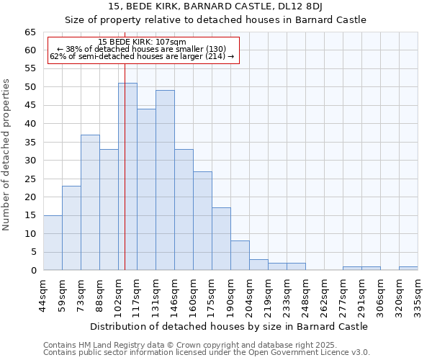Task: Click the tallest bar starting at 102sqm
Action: tap(127, 176)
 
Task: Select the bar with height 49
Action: tap(165, 180)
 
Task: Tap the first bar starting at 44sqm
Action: tap(53, 243)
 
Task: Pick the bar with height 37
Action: tap(90, 202)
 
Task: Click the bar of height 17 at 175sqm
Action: tap(221, 239)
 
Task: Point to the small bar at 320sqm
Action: tap(408, 269)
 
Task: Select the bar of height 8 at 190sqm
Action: tap(240, 256)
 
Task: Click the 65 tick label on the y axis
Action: tap(30, 32)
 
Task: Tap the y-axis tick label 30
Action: tap(30, 161)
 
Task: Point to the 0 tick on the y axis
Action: tap(32, 271)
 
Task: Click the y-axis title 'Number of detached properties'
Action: tap(7, 155)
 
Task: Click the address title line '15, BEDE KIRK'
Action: tap(215, 6)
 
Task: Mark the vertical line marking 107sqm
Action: tap(125, 158)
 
